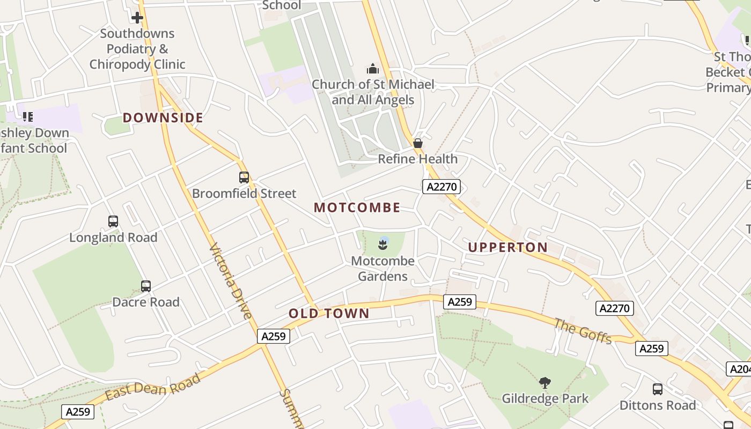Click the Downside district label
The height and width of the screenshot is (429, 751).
(x=163, y=117)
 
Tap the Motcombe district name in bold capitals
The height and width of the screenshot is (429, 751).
(x=357, y=208)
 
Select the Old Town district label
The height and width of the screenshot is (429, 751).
(x=329, y=314)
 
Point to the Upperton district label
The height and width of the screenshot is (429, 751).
(x=508, y=247)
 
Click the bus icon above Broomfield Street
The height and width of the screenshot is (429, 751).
(x=244, y=177)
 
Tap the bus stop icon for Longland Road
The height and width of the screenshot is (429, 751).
(x=113, y=221)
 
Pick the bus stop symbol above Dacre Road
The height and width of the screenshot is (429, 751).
(x=146, y=286)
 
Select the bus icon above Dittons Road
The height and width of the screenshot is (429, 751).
(x=658, y=389)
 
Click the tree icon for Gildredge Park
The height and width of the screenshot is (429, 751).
(x=545, y=383)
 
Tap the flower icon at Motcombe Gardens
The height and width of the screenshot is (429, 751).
(x=383, y=245)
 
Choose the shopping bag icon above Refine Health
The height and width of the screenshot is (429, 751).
(x=418, y=143)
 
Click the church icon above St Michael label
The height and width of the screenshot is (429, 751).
(x=373, y=69)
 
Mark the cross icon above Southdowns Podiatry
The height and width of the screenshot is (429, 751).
(x=137, y=18)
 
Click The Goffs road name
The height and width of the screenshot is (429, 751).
(x=583, y=331)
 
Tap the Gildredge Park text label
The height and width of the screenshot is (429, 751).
(x=545, y=398)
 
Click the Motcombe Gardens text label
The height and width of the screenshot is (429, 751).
(x=383, y=269)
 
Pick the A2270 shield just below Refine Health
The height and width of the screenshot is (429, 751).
(x=441, y=187)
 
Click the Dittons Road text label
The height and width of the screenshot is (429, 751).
(x=658, y=405)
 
